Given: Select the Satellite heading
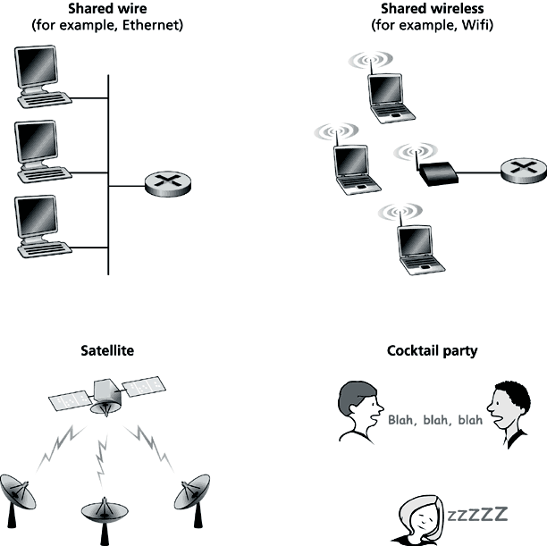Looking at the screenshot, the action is point(107,350).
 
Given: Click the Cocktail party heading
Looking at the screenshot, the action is point(433,351).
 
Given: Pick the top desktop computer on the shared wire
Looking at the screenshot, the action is point(43,77).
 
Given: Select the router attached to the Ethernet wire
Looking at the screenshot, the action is point(168,184).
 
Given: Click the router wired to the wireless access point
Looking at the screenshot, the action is point(524,171).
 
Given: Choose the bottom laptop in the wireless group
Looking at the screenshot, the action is point(421,250).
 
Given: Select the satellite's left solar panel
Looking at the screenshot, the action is point(72,400).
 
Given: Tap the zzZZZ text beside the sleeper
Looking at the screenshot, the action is point(477,514).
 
